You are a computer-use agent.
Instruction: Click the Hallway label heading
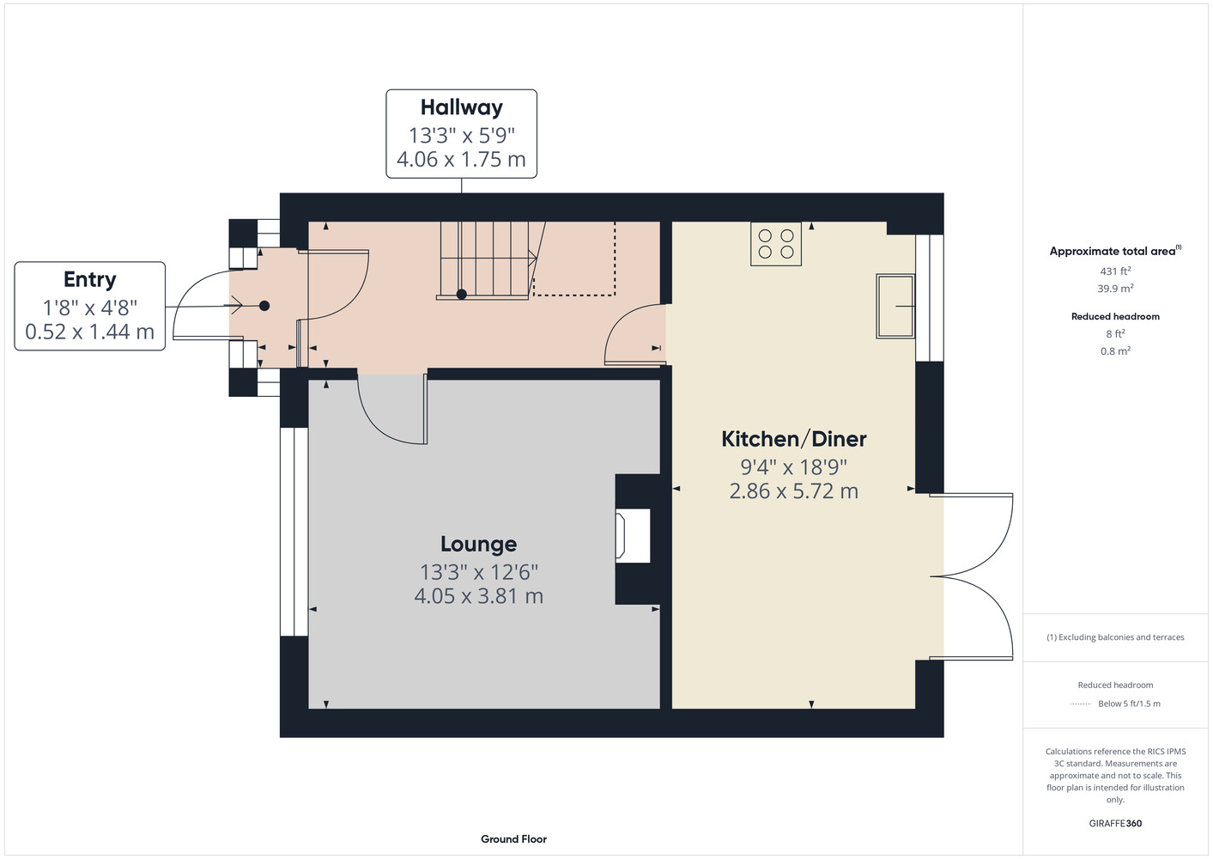461,107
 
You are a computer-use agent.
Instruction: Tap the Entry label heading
90,280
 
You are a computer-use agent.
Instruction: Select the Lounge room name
479,544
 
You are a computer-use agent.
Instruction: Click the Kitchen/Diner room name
794,438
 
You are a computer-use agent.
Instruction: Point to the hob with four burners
776,245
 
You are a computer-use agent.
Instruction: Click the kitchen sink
895,306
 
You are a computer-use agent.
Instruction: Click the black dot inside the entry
264,306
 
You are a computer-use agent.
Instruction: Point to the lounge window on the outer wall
294,532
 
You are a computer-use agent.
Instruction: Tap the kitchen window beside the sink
930,297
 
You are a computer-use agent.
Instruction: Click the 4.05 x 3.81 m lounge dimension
479,596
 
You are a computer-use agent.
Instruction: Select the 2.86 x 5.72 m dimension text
794,491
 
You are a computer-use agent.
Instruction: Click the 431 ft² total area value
1115,271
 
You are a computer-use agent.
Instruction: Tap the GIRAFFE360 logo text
1115,823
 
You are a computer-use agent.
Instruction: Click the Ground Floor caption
514,839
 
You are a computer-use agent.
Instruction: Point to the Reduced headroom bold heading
1115,316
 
